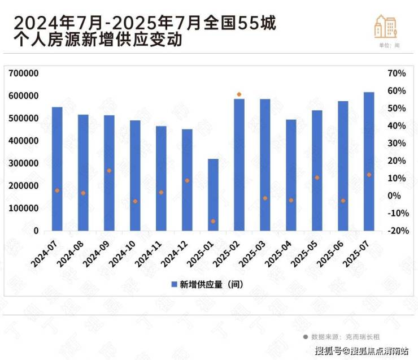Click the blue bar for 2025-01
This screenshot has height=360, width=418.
213,194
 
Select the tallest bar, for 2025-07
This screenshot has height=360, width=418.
369,161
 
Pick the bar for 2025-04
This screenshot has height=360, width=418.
291,175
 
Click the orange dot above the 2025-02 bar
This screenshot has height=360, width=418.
239,94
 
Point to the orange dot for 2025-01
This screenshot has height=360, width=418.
213,221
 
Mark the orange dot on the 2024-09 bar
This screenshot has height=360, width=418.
109,171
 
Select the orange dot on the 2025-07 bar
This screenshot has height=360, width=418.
369,175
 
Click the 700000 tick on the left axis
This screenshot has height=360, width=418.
24,73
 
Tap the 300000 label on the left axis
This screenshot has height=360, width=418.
24,163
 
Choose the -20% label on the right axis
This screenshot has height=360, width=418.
395,231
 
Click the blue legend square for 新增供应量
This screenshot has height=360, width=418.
174,284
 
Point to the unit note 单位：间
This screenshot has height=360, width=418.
390,45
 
